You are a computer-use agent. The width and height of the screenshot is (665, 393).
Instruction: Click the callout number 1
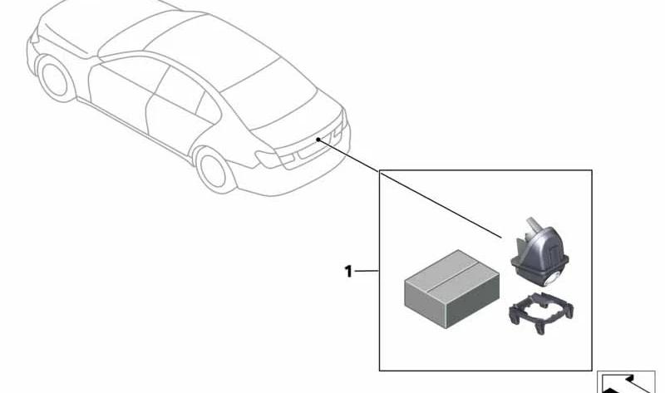tap(348, 271)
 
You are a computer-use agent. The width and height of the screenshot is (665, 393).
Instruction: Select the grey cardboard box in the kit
tap(451, 288)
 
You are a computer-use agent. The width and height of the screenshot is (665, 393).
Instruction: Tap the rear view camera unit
tap(539, 253)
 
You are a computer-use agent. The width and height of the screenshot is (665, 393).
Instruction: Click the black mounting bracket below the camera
tap(542, 313)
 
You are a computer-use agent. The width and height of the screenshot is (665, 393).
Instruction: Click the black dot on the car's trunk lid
tap(318, 139)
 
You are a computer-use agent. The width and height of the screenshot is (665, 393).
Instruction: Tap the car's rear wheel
tap(214, 170)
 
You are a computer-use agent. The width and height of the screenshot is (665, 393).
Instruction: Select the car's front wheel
tap(55, 78)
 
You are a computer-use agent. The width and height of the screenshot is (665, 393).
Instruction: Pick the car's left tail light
tap(274, 159)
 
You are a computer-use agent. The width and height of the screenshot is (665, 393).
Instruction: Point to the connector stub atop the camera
tap(532, 226)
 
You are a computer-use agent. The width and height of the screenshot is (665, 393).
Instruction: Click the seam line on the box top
tap(452, 279)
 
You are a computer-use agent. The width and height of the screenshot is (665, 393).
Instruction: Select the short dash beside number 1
tap(366, 271)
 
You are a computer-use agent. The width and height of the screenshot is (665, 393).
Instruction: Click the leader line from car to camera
tap(410, 189)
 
